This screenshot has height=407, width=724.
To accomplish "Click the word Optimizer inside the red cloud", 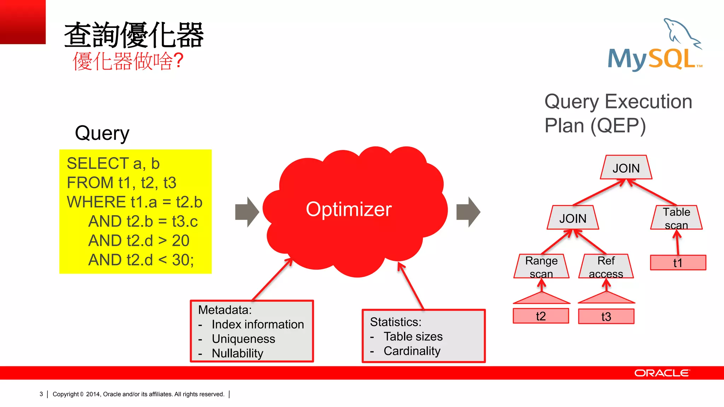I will tap(349, 209).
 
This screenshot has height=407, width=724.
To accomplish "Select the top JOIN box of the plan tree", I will tap(626, 168).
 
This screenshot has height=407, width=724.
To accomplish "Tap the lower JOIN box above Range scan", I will tap(573, 218).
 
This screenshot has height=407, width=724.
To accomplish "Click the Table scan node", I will tap(676, 218).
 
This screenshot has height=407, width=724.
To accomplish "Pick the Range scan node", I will tap(541, 267).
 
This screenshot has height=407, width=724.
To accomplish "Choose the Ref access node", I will tap(606, 267).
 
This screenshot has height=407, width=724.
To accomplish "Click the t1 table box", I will tap(678, 263).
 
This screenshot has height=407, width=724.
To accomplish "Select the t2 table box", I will tap(541, 316).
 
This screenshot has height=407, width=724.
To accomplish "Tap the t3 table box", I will tap(606, 317).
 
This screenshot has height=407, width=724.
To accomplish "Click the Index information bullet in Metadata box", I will tap(257, 324).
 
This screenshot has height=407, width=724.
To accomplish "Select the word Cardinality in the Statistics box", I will tap(412, 351).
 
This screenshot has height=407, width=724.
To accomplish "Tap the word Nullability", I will tap(237, 353).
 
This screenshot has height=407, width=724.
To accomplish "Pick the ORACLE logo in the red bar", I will tap(661, 373).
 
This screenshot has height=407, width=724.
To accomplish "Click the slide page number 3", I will tap(41, 394).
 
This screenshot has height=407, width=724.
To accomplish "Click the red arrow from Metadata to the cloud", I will tap(273, 279).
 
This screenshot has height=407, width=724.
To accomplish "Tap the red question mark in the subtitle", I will tap(179, 61).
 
